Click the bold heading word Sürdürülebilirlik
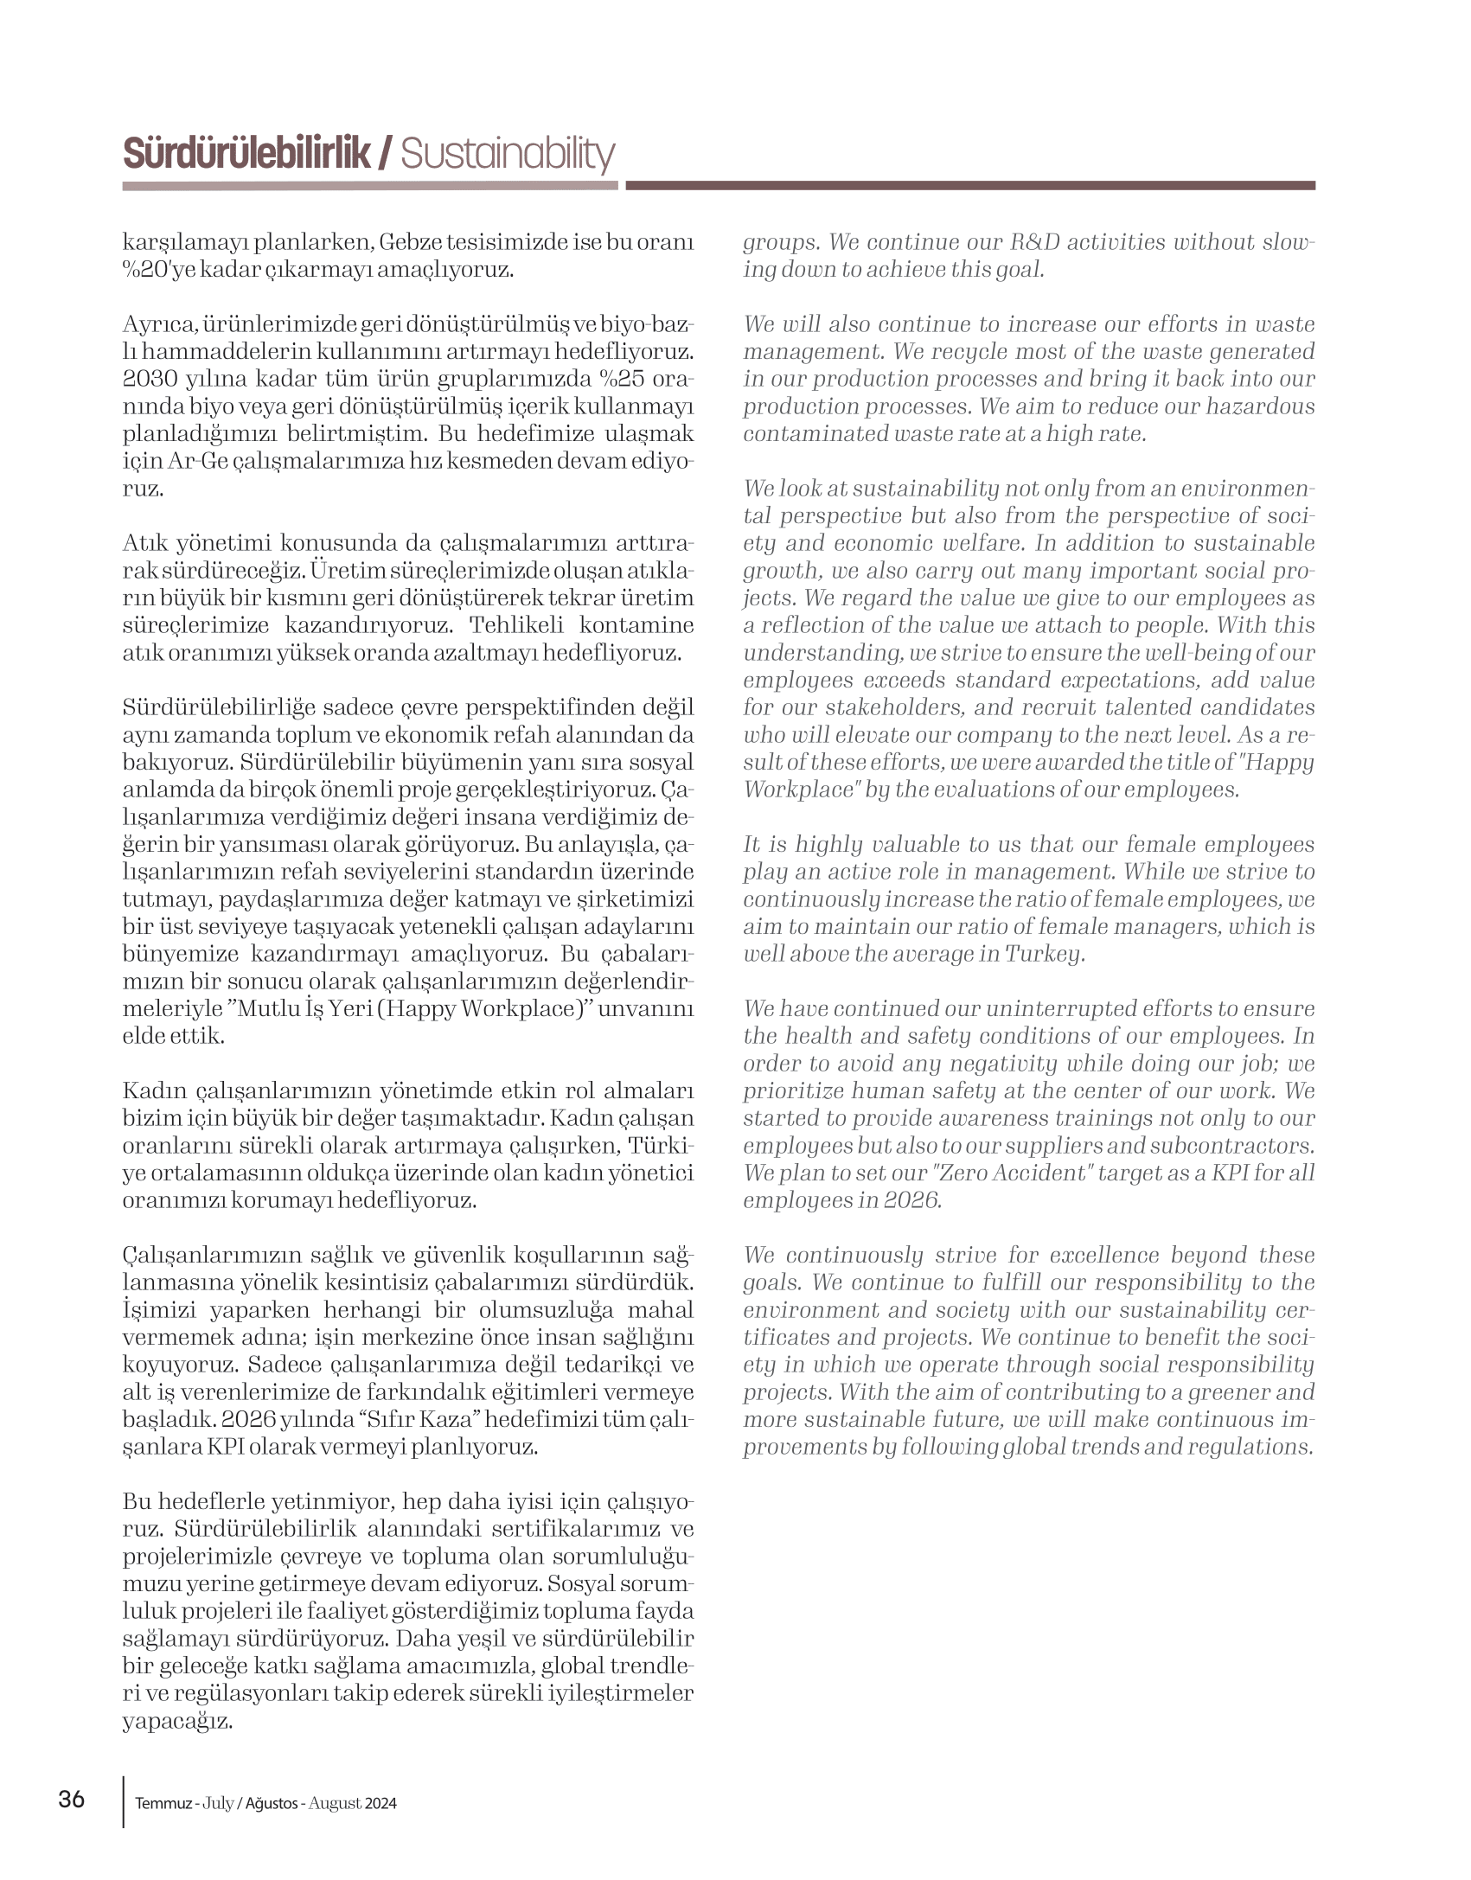[x=246, y=154]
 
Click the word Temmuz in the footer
[x=163, y=1804]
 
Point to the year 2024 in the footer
[x=381, y=1804]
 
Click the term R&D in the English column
[x=1035, y=242]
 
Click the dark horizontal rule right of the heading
[x=969, y=186]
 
